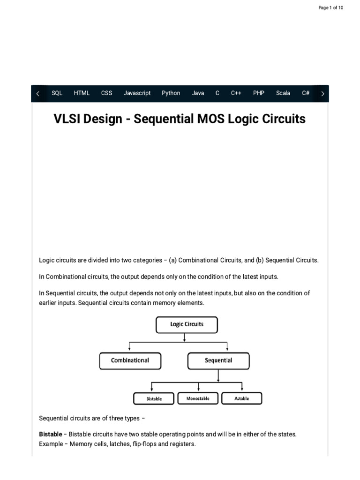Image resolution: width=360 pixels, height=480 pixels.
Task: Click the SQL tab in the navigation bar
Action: (x=57, y=93)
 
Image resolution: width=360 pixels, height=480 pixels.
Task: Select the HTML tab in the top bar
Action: (x=82, y=93)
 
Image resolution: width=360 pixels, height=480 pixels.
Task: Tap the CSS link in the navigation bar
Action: (x=106, y=93)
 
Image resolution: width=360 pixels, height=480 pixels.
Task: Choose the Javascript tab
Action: (x=137, y=93)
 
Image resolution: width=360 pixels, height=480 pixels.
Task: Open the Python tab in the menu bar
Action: (x=171, y=93)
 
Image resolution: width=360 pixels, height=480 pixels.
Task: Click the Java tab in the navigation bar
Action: (x=198, y=93)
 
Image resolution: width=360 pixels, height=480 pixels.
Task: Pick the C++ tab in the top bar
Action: (x=236, y=93)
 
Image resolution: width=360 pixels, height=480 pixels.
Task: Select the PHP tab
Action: (x=259, y=93)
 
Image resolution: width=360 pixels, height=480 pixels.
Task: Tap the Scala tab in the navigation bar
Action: (x=283, y=93)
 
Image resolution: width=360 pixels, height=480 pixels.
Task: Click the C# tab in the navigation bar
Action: (x=306, y=93)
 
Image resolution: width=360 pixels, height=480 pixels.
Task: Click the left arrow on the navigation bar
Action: (x=38, y=94)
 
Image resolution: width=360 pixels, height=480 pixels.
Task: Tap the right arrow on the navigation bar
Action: (x=322, y=94)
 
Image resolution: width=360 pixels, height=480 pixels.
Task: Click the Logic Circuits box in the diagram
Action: (x=187, y=324)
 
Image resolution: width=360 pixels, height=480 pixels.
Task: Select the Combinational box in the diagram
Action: (x=130, y=361)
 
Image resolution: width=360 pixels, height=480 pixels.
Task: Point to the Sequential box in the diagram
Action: (x=218, y=361)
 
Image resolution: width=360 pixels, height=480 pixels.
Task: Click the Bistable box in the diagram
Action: (x=154, y=398)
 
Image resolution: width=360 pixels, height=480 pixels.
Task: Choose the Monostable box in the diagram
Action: (x=198, y=398)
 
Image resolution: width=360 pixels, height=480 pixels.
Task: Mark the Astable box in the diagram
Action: (x=241, y=398)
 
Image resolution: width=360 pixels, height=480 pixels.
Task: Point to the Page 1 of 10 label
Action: (x=331, y=8)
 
